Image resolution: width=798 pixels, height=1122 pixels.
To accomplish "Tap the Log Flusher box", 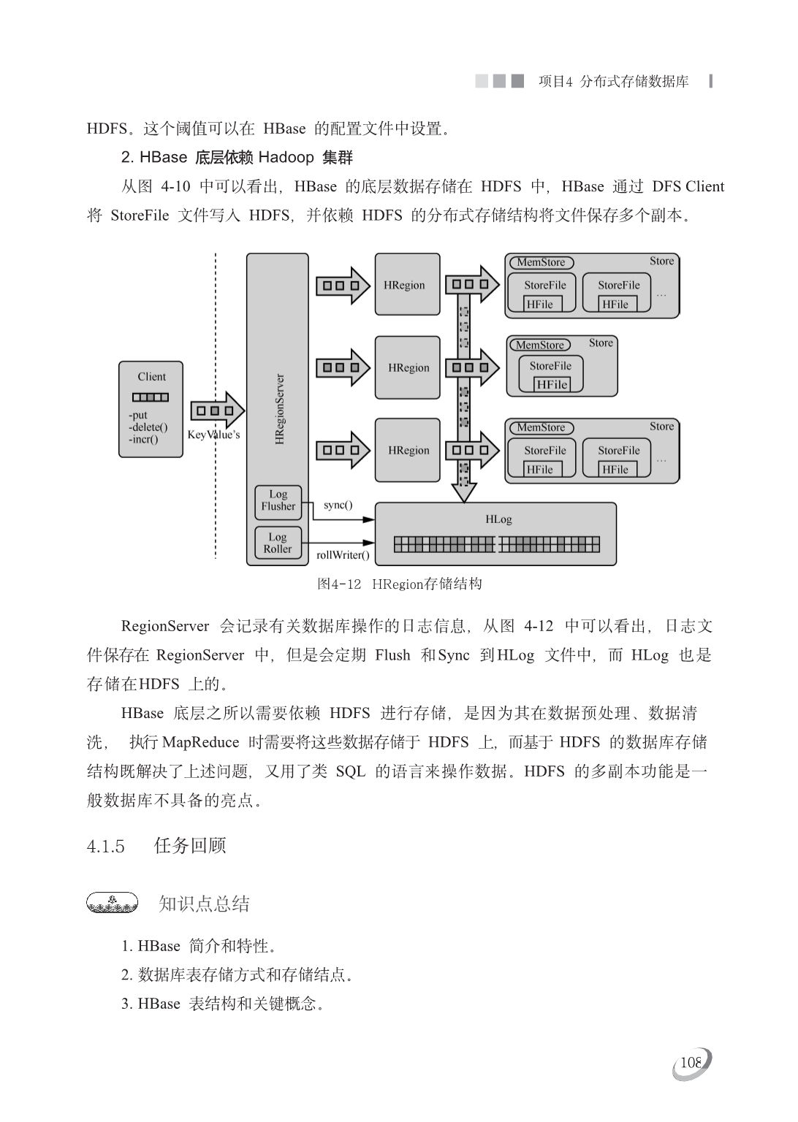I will tap(278, 500).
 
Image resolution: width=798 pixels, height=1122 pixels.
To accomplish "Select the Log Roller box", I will tap(278, 543).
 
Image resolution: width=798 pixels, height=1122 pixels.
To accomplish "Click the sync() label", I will tap(338, 505).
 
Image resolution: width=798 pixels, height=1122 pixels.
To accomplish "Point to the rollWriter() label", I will tap(343, 555).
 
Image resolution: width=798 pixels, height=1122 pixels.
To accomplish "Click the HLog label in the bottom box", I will tap(498, 519).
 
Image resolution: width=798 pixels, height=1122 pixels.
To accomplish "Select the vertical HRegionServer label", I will tap(279, 409).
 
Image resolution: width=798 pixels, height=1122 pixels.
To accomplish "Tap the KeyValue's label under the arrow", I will tap(213, 435).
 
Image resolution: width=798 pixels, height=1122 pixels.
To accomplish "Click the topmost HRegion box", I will tap(407, 285).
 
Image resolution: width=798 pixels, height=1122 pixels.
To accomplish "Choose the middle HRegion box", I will tap(407, 367).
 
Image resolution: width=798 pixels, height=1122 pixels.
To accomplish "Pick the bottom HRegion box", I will tap(407, 450).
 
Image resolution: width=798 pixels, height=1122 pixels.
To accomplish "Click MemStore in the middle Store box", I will tap(540, 345).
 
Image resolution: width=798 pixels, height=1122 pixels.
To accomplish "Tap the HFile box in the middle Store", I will tap(552, 384).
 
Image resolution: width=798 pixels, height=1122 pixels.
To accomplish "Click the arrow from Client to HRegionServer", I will tap(217, 411).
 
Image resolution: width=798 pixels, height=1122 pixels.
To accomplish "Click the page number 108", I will tap(691, 1063).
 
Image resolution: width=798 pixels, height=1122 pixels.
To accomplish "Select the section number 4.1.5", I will tap(106, 847).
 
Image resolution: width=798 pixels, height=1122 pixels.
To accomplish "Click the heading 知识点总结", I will tap(204, 904).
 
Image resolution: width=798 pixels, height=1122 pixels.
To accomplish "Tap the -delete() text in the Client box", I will tap(148, 427).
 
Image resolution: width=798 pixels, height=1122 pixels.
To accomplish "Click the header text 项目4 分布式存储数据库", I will tap(613, 82).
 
